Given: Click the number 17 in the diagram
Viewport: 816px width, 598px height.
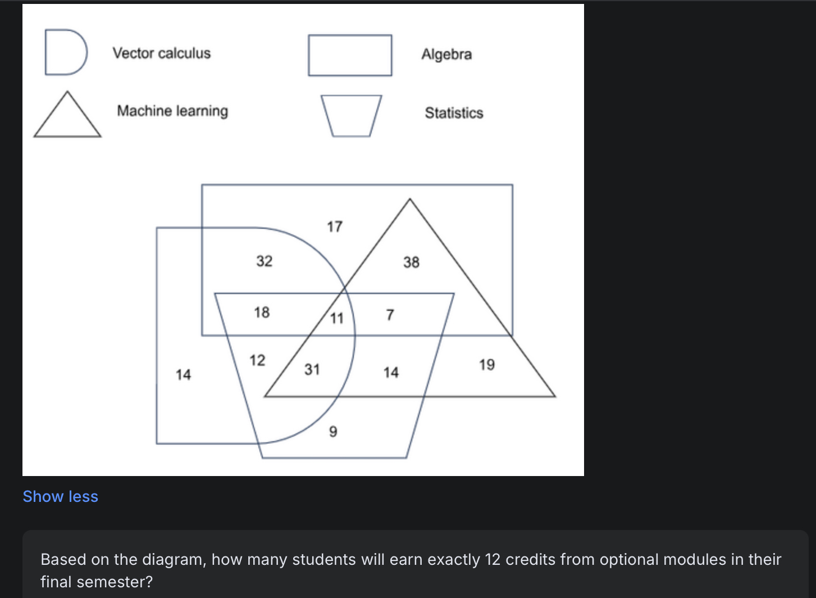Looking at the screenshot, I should (335, 226).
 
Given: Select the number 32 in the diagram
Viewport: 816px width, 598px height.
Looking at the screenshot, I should (265, 261).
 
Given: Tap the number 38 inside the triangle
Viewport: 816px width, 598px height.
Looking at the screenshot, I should (411, 262).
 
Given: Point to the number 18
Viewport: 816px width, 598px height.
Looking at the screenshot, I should (262, 312).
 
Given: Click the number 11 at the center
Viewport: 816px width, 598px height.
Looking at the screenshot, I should (336, 318).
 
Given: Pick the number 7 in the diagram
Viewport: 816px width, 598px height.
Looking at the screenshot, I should (390, 315).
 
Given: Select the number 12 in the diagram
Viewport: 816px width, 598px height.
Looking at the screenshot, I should (257, 360).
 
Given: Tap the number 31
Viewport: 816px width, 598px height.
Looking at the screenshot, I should (312, 369).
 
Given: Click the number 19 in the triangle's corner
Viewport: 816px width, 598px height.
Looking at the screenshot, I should (487, 365).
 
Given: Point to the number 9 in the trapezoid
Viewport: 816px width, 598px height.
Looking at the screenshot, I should (333, 432).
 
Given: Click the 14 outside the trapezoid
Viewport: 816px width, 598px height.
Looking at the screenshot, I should (184, 374).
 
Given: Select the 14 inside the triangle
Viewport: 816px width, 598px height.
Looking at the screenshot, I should (391, 372).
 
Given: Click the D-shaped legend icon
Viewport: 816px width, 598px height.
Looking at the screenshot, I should (65, 52).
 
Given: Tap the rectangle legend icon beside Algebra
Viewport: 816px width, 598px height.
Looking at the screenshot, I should (350, 55).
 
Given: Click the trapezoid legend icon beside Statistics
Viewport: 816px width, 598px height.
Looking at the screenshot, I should (352, 115).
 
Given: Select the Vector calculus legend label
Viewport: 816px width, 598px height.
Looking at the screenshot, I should (162, 53).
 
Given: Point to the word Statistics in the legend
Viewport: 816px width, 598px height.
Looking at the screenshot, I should (454, 113).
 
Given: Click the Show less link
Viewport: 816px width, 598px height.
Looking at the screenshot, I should (60, 496).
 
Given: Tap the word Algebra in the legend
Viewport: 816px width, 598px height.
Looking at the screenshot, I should (446, 54).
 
